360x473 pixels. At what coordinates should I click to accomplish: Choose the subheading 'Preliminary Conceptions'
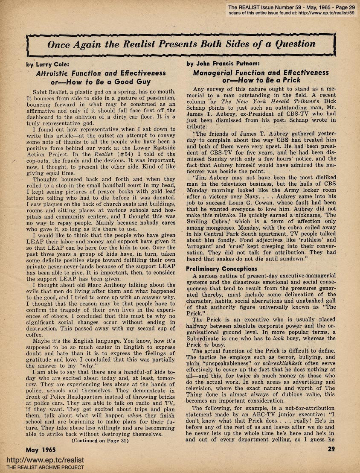click(x=221, y=269)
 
